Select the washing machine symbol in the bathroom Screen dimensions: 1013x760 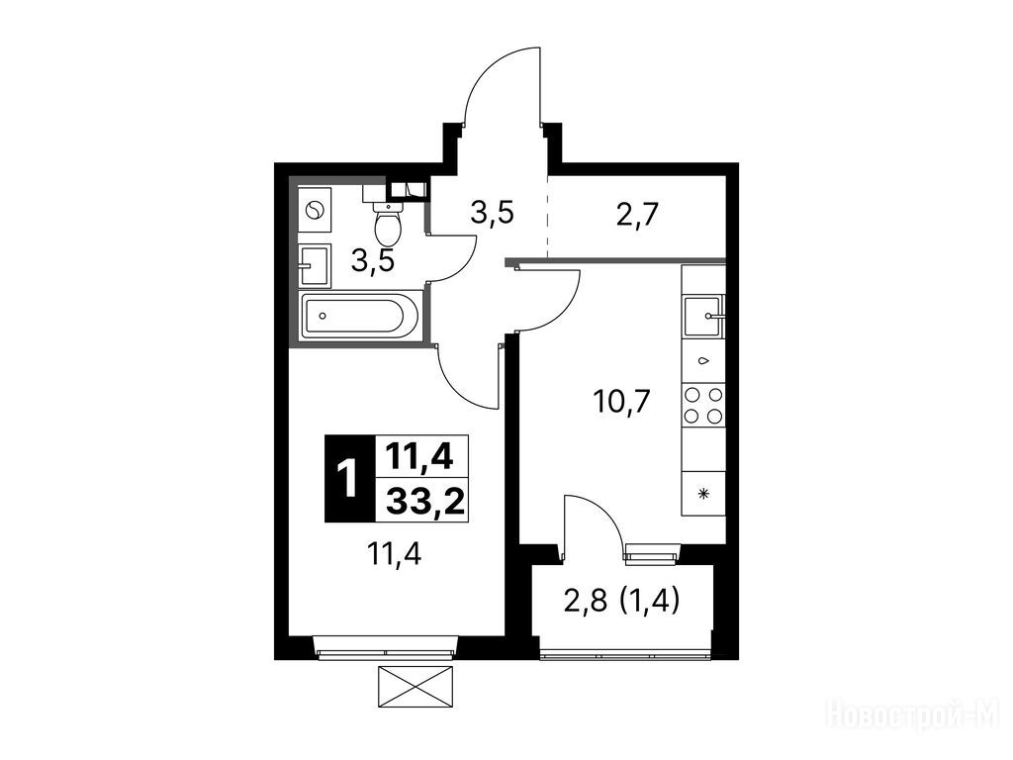tap(316, 210)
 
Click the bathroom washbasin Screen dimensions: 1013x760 tap(315, 265)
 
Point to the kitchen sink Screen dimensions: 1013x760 tap(704, 316)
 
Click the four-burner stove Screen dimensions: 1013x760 tap(704, 405)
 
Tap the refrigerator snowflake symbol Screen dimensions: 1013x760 tap(704, 494)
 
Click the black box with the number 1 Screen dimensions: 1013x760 tap(349, 479)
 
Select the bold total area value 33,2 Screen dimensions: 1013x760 tap(424, 500)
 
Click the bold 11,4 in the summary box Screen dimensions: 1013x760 tap(419, 457)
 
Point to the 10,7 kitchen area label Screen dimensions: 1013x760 tap(621, 403)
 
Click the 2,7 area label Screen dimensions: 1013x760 tap(636, 215)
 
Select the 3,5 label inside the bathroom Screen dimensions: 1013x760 tap(373, 261)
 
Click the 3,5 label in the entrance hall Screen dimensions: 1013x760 tap(493, 213)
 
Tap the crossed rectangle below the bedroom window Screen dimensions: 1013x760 tap(414, 687)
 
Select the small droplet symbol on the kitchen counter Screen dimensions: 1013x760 tap(704, 360)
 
